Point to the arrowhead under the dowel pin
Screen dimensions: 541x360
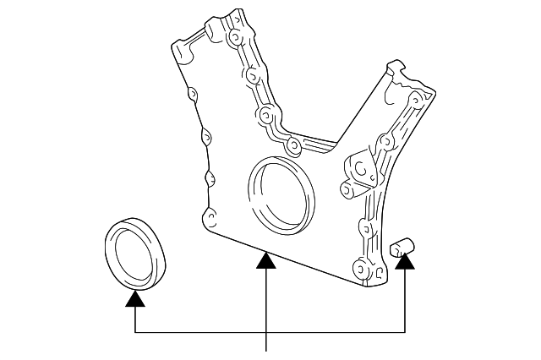click(x=407, y=264)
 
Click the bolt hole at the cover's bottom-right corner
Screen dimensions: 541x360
click(x=361, y=272)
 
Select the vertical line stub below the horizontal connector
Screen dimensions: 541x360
click(x=267, y=341)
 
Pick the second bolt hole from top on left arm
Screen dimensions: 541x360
click(x=252, y=75)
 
